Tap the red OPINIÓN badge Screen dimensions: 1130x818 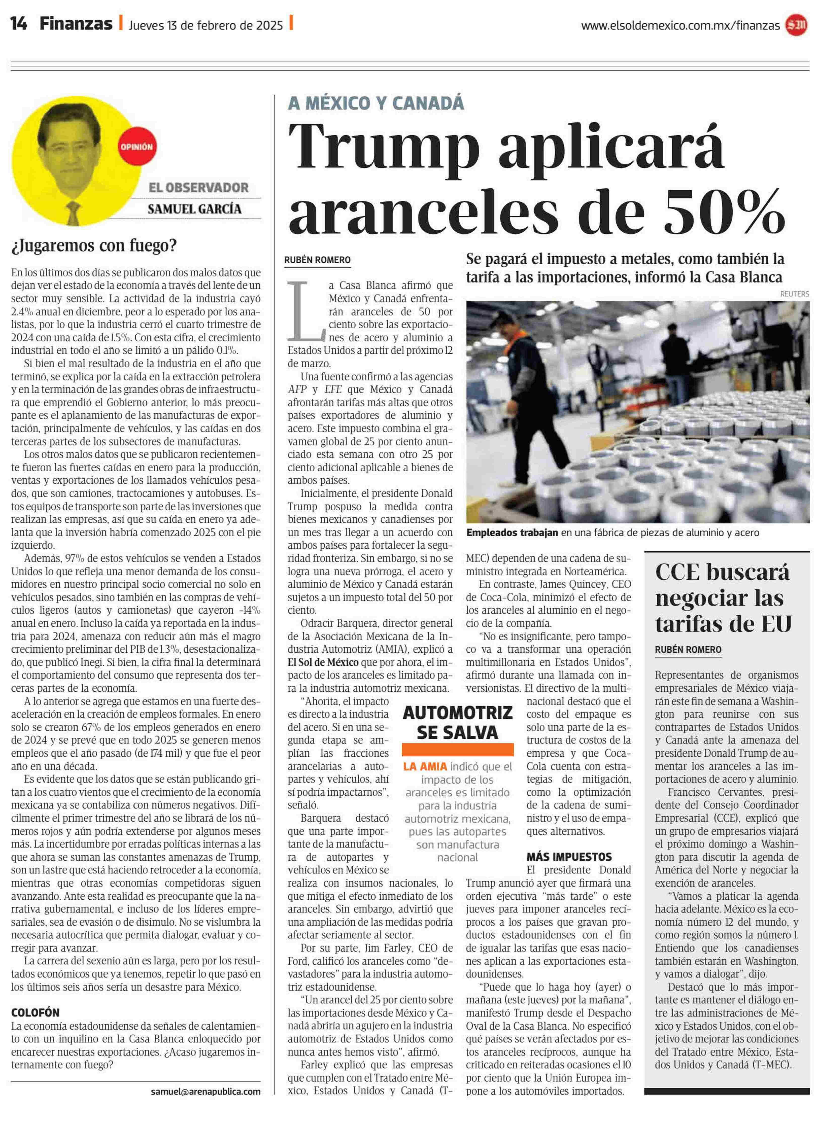[136, 147]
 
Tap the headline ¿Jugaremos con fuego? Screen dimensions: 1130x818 [94, 246]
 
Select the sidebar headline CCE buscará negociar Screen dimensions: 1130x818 [723, 598]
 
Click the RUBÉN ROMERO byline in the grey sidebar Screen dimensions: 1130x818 [688, 650]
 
